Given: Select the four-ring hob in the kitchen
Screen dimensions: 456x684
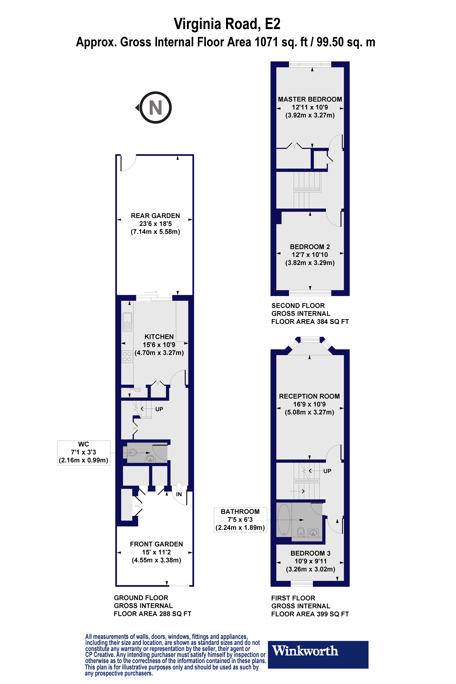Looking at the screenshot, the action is pos(127,357).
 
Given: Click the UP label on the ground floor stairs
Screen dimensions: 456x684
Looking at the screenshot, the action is pos(159,409).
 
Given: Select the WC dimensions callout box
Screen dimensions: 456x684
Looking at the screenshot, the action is pos(84,453).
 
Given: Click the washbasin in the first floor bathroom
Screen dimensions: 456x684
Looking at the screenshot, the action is pos(313,533).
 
